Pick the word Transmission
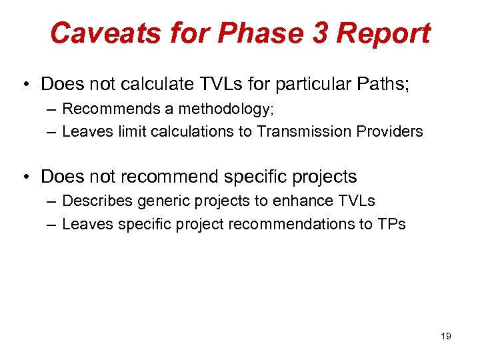(x=297, y=131)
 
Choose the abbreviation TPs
(x=391, y=224)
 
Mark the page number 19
(x=446, y=336)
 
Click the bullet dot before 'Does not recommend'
(x=25, y=177)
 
